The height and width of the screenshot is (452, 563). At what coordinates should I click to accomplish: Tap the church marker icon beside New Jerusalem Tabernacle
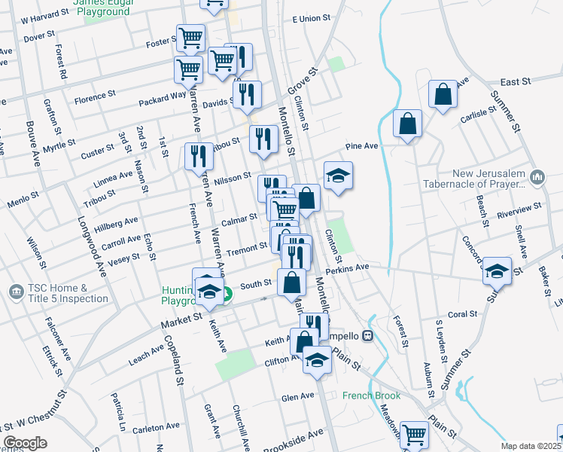537,178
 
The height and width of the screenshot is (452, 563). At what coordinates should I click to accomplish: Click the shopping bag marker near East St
443,95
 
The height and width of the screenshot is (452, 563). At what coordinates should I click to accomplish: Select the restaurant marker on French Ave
199,157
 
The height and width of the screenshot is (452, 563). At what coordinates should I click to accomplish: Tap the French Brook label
368,395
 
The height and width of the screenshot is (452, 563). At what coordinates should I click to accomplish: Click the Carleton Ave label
156,428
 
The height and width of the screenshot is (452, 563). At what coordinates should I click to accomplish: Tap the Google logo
25,443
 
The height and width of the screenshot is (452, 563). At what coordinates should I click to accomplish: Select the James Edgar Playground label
101,8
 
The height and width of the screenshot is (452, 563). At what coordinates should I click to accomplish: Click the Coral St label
462,313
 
